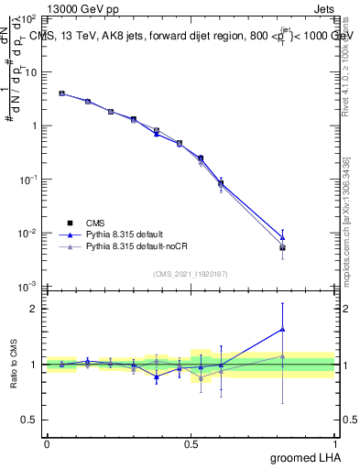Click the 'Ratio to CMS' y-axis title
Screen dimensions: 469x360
pos(13,365)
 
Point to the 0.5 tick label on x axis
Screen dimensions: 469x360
pos(191,443)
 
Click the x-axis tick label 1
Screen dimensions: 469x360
pos(334,443)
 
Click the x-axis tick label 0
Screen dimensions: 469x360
pos(47,443)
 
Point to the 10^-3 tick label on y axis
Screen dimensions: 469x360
pos(28,287)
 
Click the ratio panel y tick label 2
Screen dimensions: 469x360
pos(33,309)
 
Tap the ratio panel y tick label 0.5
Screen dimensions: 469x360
pos(28,420)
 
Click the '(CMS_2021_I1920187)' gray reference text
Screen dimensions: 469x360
pos(191,274)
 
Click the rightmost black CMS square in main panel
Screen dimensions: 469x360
pos(283,247)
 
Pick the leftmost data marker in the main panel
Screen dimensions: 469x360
pos(61,93)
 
